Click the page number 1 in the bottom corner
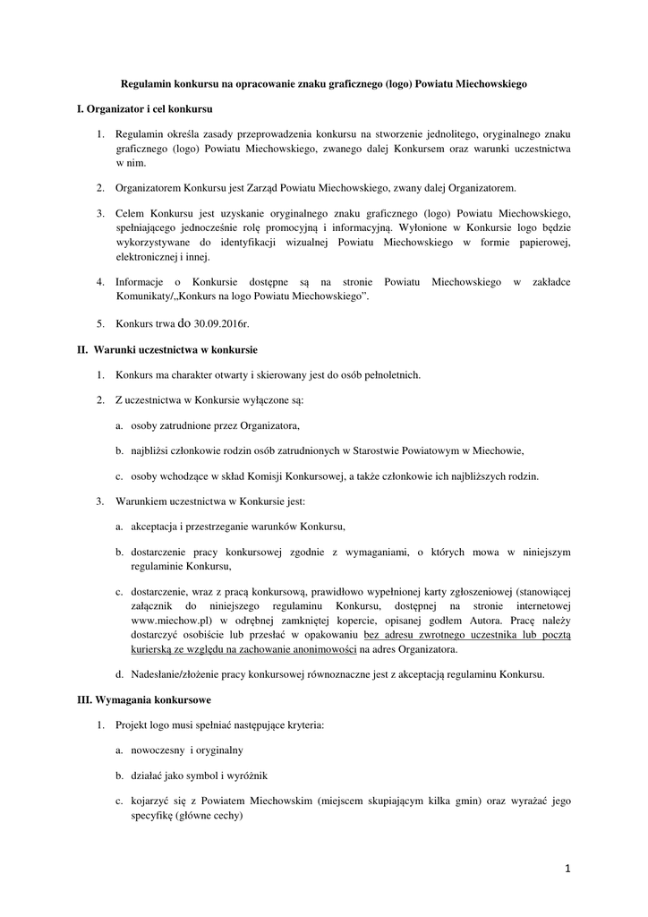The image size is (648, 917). pos(567,868)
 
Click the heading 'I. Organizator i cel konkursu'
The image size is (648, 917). pos(144,109)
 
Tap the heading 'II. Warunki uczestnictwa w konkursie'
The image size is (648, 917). pos(167,349)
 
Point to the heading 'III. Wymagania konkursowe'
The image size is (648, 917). pos(144,698)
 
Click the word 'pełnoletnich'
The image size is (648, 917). pos(390,374)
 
